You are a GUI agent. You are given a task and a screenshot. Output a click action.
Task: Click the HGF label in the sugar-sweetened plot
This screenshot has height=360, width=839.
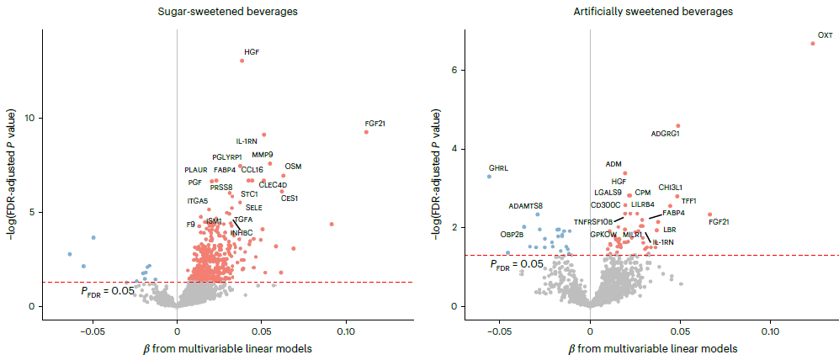252,52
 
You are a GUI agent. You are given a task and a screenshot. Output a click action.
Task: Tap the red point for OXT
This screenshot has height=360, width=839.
813,43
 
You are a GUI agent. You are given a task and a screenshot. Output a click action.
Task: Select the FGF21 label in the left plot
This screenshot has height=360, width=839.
375,124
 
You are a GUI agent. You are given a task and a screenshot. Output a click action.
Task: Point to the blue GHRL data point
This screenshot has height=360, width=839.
489,177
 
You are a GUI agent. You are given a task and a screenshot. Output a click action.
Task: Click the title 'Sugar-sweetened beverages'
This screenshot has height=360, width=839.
216,12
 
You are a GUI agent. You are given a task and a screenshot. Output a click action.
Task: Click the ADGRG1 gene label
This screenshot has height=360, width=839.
666,134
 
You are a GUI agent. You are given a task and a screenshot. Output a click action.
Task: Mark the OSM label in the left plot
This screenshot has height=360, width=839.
293,167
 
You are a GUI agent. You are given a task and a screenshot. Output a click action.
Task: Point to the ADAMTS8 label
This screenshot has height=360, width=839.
526,205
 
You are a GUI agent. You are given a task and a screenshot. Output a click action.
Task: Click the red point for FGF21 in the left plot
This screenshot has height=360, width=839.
366,132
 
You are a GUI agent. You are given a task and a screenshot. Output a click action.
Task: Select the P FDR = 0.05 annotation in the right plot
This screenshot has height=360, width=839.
518,264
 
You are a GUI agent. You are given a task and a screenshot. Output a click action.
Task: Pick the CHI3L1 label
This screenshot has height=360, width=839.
671,187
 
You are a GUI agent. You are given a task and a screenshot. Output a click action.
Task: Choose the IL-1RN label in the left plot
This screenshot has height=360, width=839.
247,141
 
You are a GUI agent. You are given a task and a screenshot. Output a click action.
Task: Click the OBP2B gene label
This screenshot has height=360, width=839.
512,235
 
